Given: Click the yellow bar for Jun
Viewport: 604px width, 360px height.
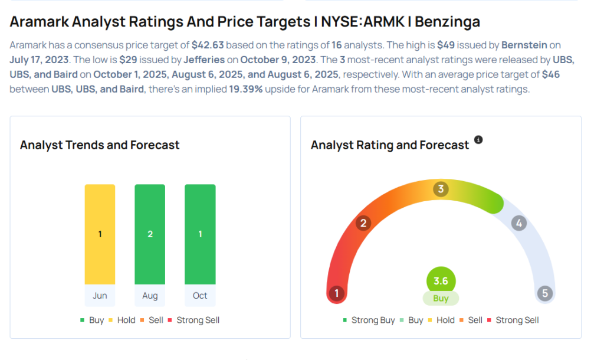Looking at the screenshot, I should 100,234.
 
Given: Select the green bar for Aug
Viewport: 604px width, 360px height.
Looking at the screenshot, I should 150,234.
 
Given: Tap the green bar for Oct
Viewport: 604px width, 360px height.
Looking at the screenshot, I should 200,234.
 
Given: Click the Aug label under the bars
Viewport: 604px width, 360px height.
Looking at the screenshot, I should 150,295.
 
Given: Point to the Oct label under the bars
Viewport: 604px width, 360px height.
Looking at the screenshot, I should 200,295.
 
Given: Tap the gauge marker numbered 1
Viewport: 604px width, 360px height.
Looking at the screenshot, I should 337,293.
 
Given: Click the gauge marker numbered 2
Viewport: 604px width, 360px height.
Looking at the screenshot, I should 363,222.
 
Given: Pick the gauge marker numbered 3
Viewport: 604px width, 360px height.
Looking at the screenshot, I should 440,189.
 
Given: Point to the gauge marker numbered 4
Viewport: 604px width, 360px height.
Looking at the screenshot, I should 518,222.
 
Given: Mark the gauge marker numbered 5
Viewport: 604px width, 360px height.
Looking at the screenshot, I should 545,293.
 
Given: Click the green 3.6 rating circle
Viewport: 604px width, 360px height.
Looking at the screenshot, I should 441,281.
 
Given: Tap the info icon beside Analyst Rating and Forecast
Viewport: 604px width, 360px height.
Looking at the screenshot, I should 478,140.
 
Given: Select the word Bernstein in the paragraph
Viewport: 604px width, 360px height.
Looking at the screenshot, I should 524,45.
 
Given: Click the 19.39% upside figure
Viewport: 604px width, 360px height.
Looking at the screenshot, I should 246,89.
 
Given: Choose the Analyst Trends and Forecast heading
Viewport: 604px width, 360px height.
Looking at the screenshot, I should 100,145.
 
